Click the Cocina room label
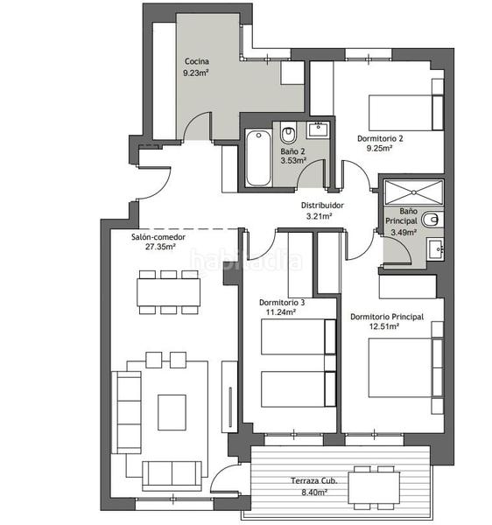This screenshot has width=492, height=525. point(196,61)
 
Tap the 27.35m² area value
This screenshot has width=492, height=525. point(160,247)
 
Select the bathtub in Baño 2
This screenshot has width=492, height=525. point(258,158)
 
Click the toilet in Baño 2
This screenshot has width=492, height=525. point(289,135)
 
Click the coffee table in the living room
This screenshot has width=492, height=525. point(172,411)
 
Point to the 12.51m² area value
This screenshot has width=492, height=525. point(383,326)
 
